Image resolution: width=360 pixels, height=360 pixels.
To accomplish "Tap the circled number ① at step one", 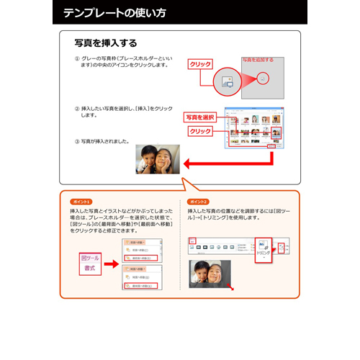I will (x=77, y=59).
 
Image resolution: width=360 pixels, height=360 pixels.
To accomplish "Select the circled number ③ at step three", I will (x=77, y=140).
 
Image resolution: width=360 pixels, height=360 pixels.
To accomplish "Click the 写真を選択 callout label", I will (x=200, y=117).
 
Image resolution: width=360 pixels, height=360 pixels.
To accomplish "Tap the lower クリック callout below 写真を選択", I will (x=201, y=132).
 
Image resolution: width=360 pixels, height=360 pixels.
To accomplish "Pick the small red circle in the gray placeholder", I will (x=264, y=77).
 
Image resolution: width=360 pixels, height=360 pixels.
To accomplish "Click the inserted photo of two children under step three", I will (x=158, y=159).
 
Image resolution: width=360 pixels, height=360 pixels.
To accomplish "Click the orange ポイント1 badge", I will (x=81, y=202).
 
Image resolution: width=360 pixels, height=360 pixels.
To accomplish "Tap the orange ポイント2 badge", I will (x=197, y=202).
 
